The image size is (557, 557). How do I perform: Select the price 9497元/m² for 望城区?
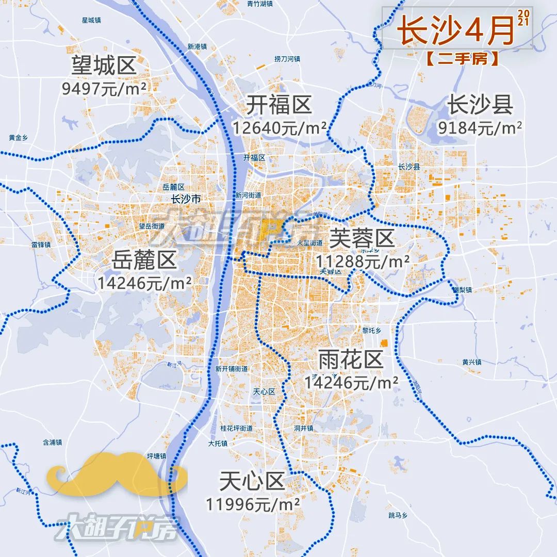point(104,89)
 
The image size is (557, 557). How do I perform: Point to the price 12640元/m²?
point(279,127)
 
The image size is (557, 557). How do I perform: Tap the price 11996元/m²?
point(253,504)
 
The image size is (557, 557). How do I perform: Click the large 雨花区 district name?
point(351,359)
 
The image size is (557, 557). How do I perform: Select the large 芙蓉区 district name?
point(362,238)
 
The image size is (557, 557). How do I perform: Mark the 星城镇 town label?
point(91,20)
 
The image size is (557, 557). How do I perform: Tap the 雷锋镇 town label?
point(41,244)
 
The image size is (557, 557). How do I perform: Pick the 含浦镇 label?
point(52,442)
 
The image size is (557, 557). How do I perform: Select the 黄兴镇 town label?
point(471,362)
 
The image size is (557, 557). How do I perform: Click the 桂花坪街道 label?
point(236,428)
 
